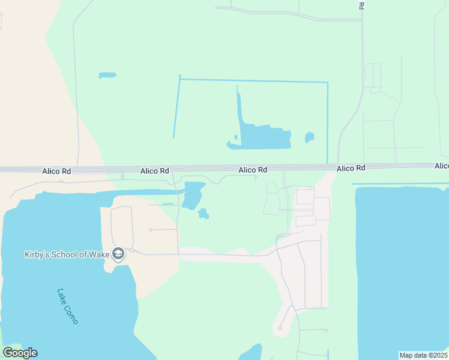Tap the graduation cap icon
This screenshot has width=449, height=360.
pos(118,254)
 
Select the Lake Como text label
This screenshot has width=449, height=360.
pos(67,307)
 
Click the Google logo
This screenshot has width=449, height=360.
pos(20,353)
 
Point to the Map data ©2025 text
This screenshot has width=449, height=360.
pos(423,355)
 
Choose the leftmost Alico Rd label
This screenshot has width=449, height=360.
pos(56,171)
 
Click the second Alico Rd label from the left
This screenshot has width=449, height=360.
pos(154,171)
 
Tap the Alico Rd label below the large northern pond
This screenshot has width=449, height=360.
pos(253,170)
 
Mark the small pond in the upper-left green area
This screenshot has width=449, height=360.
pos(107,76)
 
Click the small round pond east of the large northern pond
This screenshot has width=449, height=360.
pos(309,137)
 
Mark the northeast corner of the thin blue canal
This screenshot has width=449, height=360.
pos(327,82)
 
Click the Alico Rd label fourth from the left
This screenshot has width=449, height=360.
pos(351,169)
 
